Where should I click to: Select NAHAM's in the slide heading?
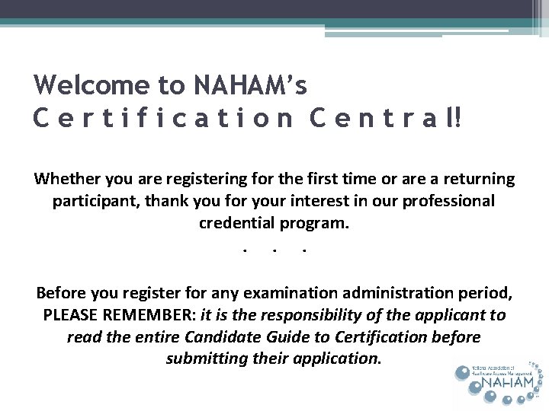pyautogui.click(x=251, y=85)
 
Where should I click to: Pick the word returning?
pyautogui.click(x=477, y=179)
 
